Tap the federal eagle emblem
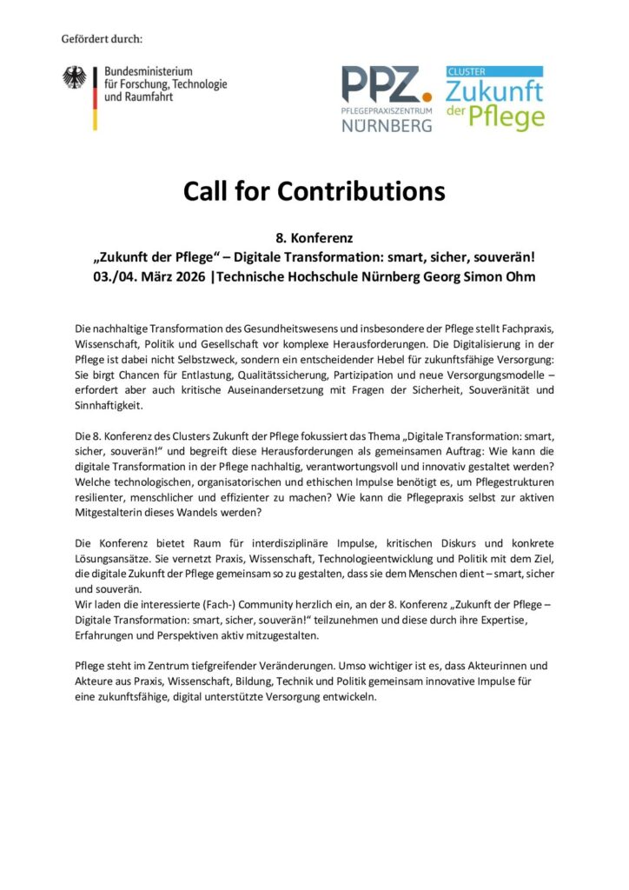click(74, 79)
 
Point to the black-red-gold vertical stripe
click(95, 98)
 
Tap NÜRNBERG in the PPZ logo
click(387, 125)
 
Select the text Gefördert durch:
click(102, 39)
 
